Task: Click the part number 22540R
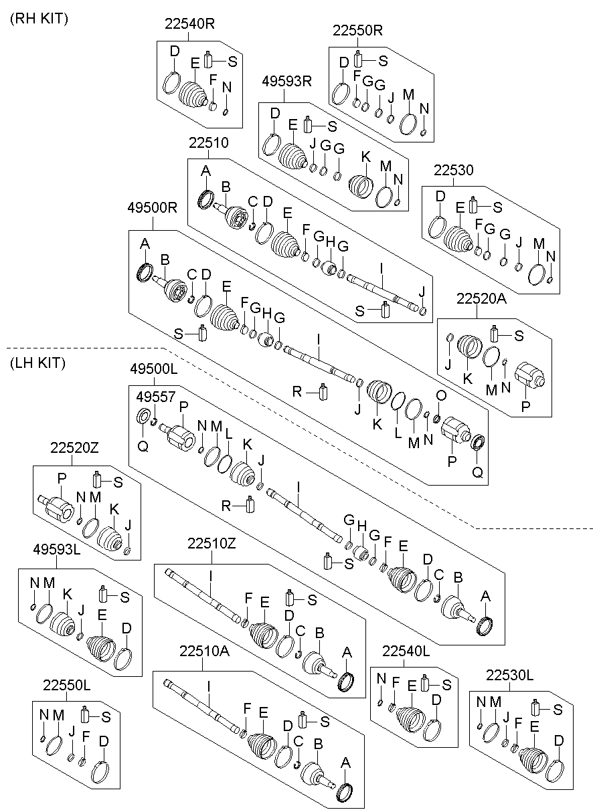coord(190,24)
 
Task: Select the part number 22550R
coord(358,30)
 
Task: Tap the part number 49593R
coord(287,82)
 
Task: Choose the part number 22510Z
coord(211,544)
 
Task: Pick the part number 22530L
coord(510,676)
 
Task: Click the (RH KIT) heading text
coord(39,19)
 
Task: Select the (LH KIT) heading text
coord(38,363)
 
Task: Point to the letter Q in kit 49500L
coord(143,445)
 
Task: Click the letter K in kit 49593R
coord(365,156)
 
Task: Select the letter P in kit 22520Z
coord(62,478)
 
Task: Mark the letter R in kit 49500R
coord(298,391)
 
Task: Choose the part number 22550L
coord(67,686)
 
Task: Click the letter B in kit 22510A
coord(320,743)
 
